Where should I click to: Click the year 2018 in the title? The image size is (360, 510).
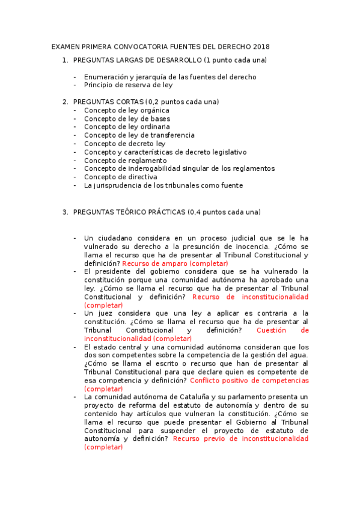(x=261, y=47)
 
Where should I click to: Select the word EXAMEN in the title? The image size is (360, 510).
(x=66, y=47)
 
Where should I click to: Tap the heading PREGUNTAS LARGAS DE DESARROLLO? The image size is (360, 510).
(x=137, y=60)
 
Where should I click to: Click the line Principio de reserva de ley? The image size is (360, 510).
(x=128, y=85)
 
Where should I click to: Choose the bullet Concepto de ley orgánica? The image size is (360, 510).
(x=126, y=111)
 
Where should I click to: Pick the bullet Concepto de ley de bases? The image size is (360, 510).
(x=127, y=119)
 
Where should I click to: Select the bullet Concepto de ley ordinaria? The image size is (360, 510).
(x=127, y=127)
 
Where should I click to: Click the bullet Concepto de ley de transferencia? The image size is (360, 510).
(x=139, y=135)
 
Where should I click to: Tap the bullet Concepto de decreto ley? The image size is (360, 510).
(x=124, y=144)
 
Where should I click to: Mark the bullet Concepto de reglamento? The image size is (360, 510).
(x=125, y=161)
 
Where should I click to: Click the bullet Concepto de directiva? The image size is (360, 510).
(x=120, y=177)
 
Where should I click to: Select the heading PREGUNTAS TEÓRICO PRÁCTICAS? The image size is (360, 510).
(x=129, y=212)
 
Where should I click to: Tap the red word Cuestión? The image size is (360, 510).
(x=282, y=330)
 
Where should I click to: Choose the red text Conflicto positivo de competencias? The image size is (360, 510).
(x=249, y=381)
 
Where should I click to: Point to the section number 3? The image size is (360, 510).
(x=65, y=212)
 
